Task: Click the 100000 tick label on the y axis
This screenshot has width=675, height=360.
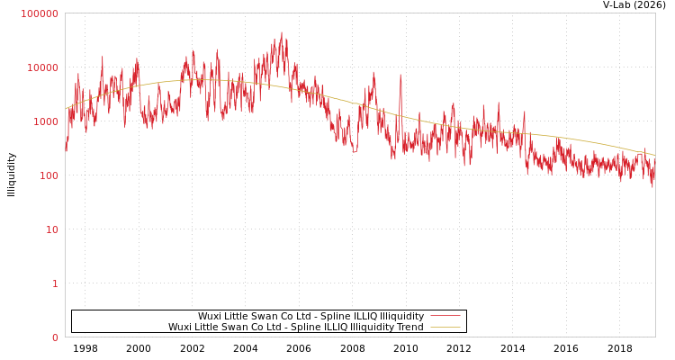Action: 40,13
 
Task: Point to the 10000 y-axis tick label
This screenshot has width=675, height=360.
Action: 42,67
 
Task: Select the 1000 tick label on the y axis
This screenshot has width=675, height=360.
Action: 45,121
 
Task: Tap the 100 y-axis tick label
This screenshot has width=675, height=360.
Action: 48,175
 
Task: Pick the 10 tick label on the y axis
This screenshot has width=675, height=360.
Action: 52,229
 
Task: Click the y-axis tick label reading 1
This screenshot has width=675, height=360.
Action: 55,283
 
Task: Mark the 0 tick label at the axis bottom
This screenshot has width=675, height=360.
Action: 55,337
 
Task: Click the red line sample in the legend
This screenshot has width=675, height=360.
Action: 445,316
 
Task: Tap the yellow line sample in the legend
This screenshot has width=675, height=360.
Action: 445,327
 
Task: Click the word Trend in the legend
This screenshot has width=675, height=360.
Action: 409,327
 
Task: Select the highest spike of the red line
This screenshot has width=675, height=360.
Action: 282,33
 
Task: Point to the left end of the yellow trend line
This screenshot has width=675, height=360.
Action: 66,109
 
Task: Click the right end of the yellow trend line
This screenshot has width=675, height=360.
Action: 654,155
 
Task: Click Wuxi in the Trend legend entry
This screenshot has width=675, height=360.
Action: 180,327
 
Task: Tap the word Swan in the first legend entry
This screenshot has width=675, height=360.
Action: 266,316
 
